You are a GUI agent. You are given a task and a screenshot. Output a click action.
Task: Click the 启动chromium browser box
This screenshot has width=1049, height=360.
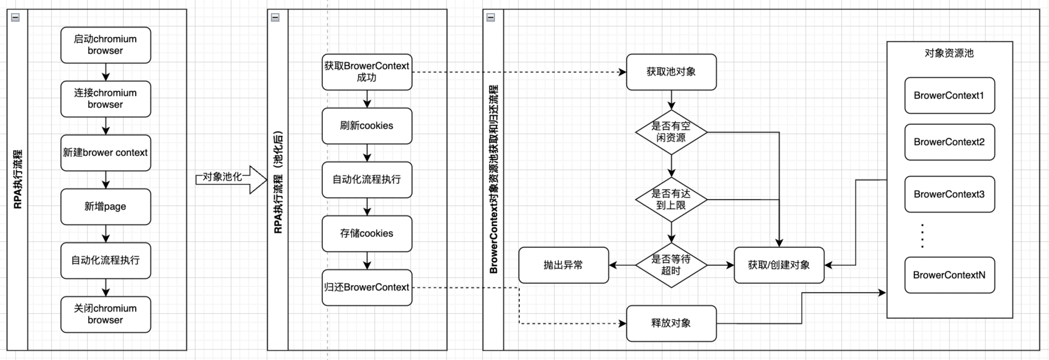tap(105, 45)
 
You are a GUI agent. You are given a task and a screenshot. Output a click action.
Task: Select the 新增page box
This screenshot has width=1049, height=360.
tap(105, 207)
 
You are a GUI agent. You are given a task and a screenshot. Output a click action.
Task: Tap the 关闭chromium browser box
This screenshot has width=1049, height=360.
tap(105, 314)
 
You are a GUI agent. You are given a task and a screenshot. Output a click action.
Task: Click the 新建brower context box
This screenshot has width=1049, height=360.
tap(105, 153)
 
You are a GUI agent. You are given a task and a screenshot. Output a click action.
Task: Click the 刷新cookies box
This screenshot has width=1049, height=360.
tap(367, 126)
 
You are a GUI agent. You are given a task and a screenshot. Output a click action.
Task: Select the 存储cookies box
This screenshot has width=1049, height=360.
tap(367, 233)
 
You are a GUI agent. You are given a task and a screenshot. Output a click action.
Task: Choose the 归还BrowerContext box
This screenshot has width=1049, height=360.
tap(367, 288)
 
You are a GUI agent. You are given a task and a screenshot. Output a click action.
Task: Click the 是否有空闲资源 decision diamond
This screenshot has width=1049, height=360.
tap(671, 132)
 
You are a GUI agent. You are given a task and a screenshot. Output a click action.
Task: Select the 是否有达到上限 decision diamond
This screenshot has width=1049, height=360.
tap(671, 200)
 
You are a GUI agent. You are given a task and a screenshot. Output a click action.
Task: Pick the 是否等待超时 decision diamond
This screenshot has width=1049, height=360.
tap(671, 265)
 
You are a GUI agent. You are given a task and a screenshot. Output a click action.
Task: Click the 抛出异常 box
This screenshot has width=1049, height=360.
tap(563, 265)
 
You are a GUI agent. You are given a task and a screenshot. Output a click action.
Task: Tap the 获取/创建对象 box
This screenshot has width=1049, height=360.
tap(779, 265)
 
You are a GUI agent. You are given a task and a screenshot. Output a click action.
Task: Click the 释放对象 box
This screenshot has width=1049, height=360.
tap(671, 323)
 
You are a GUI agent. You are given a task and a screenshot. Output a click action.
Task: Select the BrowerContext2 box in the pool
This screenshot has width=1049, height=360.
tap(949, 142)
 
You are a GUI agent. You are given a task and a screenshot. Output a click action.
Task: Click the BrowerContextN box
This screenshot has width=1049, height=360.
tap(949, 275)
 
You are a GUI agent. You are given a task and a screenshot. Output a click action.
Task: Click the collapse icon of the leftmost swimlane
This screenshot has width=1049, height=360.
tap(16, 17)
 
